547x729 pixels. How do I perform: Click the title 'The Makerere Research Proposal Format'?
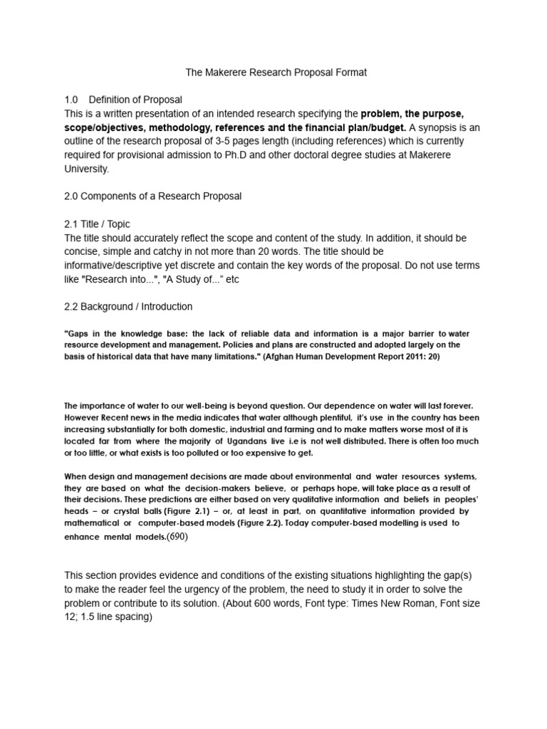click(x=276, y=73)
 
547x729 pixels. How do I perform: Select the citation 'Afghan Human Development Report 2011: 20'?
click(x=351, y=357)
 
